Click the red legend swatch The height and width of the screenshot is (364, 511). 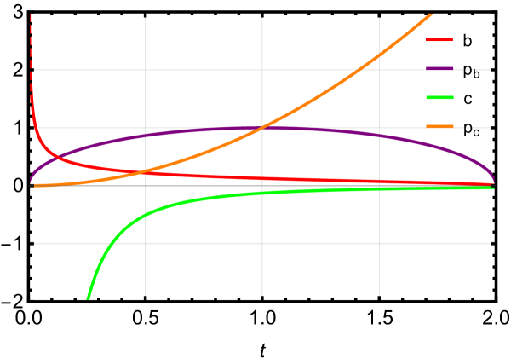click(439, 40)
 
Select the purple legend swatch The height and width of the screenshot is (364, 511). click(439, 69)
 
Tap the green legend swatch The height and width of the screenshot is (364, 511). click(439, 98)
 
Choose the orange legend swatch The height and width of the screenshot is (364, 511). click(439, 127)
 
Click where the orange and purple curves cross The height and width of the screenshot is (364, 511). click(262, 128)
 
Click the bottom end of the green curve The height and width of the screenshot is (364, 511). click(88, 298)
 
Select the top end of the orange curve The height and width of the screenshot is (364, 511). click(432, 13)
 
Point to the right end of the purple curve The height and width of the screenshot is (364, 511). click(493, 182)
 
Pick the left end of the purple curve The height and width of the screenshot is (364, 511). click(31, 182)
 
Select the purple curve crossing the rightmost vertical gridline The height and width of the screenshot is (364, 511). click(379, 142)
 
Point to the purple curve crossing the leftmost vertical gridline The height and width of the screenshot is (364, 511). click(145, 136)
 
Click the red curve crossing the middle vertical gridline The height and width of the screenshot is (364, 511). click(262, 178)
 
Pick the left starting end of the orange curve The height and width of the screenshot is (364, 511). click(34, 185)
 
